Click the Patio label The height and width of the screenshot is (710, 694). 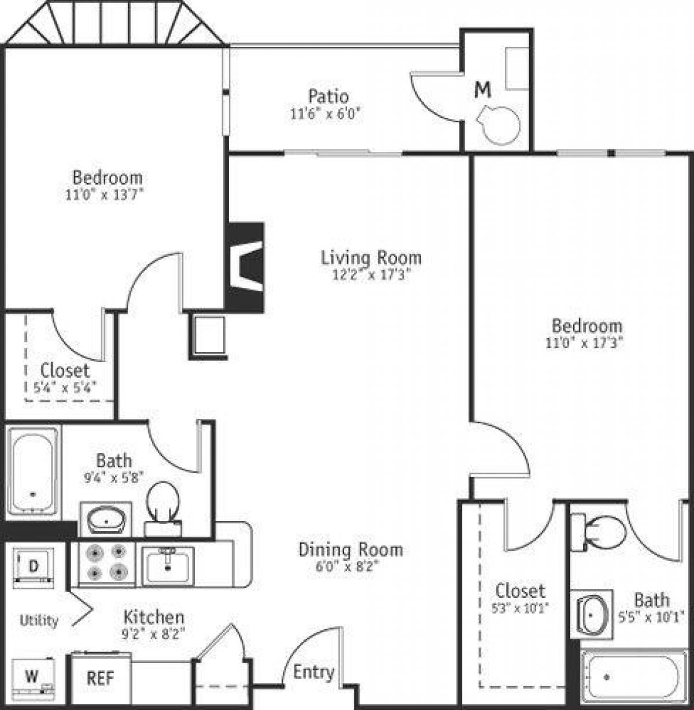click(328, 95)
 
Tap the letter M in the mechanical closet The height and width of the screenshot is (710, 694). click(483, 90)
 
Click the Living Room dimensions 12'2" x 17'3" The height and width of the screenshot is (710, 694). click(371, 275)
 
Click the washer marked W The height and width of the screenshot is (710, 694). click(33, 676)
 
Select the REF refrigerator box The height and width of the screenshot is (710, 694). click(100, 677)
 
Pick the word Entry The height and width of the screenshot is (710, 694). click(313, 672)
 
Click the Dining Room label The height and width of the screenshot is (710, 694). click(350, 549)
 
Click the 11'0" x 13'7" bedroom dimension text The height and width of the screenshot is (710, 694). click(104, 195)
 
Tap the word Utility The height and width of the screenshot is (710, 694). click(39, 621)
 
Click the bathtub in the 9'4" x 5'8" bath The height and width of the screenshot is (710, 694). click(32, 471)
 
